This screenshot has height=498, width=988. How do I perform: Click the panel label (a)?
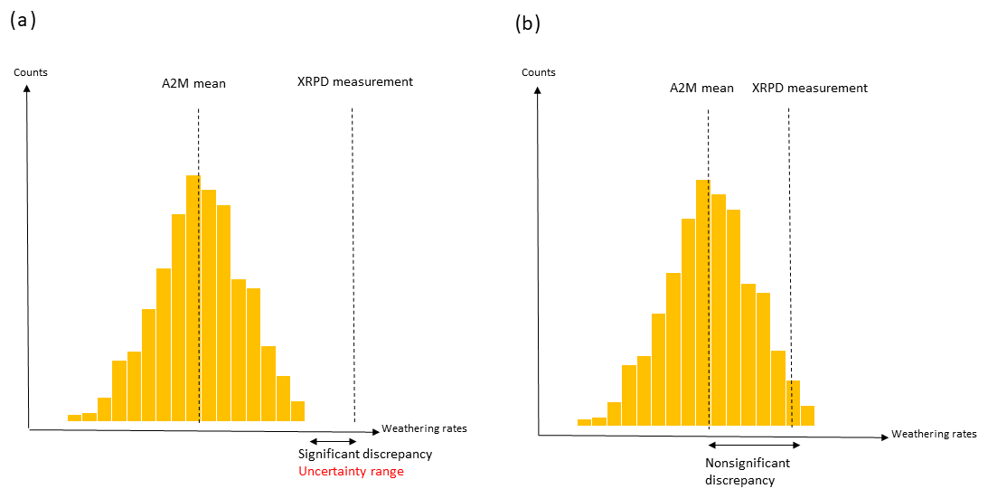coord(23,21)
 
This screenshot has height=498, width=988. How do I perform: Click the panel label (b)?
coord(528,23)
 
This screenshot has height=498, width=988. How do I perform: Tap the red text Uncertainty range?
coord(352,472)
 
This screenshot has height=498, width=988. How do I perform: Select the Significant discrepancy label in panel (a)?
coord(365,454)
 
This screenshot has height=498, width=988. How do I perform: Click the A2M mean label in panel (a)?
coord(188,84)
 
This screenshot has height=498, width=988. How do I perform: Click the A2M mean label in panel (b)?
coord(701,89)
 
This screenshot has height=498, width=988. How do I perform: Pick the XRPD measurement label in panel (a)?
coord(355,81)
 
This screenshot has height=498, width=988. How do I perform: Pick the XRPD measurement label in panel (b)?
coord(810,89)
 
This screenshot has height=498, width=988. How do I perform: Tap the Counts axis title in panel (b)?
coord(540,72)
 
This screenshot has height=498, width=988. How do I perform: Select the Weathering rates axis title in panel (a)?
coord(424,428)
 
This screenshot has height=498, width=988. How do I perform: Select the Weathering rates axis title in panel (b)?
coord(934,434)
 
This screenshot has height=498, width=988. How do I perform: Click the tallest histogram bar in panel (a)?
coord(193,298)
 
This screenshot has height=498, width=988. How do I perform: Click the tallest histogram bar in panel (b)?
coord(703,303)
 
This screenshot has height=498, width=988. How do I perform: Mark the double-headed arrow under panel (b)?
coord(754,445)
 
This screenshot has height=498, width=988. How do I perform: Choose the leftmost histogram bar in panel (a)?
coord(74,418)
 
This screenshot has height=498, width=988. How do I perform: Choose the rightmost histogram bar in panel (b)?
coord(807,416)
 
